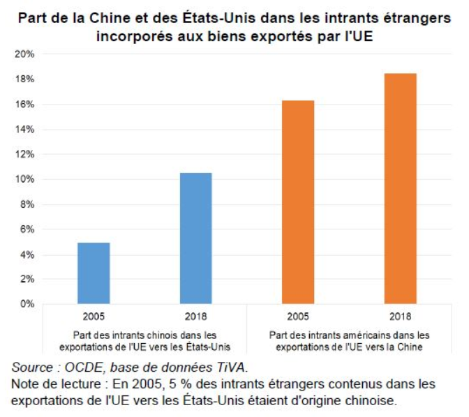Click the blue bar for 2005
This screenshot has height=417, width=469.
tap(94, 273)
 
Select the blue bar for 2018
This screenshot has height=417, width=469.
tap(195, 238)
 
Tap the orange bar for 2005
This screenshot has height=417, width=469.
tap(298, 202)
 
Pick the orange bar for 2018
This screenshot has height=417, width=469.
tap(401, 188)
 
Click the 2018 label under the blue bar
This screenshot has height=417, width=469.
tap(195, 315)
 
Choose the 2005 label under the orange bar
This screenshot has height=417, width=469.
tap(298, 315)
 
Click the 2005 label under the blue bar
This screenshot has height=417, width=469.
tap(94, 315)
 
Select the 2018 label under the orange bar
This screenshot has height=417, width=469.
tap(401, 315)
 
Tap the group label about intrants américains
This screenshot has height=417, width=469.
tap(349, 340)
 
